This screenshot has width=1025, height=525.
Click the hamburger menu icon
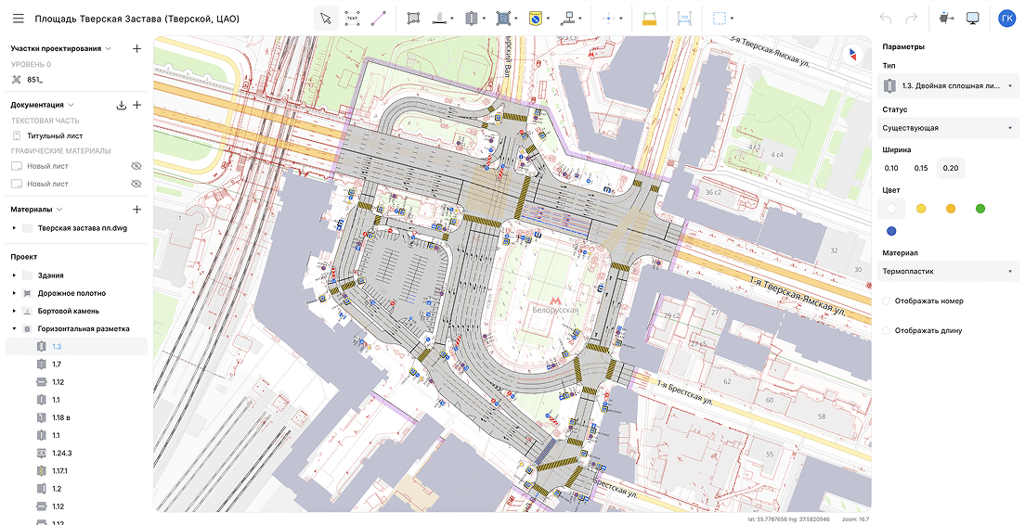pos(18,19)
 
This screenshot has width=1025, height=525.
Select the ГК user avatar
pos(1006,19)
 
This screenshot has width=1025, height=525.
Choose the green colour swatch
pos(980,209)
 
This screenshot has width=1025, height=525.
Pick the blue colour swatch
pos(891,231)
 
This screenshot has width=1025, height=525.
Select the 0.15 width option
pos(920,168)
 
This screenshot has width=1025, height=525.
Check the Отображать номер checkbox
pos(887,301)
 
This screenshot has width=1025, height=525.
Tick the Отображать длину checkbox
pos(887,330)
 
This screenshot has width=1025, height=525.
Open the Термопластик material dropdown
pos(948,272)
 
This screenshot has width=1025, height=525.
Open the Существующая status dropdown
pos(948,128)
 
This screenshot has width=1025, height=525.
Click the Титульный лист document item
pos(54,135)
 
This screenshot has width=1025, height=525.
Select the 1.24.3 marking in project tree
pos(62,454)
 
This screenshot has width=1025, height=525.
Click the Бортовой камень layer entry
pos(68,311)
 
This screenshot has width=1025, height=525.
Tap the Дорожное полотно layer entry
pos(71,293)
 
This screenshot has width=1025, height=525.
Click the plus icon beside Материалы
pos(136,210)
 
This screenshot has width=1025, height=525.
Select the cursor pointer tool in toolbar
pos(326,19)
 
